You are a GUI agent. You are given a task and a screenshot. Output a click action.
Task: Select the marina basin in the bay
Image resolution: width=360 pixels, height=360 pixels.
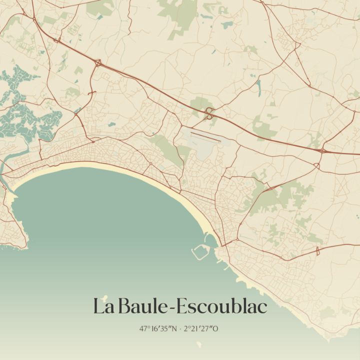click(x=201, y=250)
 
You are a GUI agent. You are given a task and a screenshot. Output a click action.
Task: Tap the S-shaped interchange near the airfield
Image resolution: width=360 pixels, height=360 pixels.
click(x=209, y=113)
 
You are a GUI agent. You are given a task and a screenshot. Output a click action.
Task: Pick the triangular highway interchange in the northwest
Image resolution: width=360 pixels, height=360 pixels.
click(x=98, y=63)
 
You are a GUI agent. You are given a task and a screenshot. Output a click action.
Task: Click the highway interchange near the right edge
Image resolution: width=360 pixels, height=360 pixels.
click(x=322, y=149)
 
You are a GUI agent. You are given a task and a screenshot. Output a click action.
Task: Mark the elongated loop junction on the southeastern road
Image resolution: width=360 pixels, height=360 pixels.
click(x=317, y=251)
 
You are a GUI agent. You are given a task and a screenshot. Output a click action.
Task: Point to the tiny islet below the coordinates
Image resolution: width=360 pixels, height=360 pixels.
click(x=199, y=344)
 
